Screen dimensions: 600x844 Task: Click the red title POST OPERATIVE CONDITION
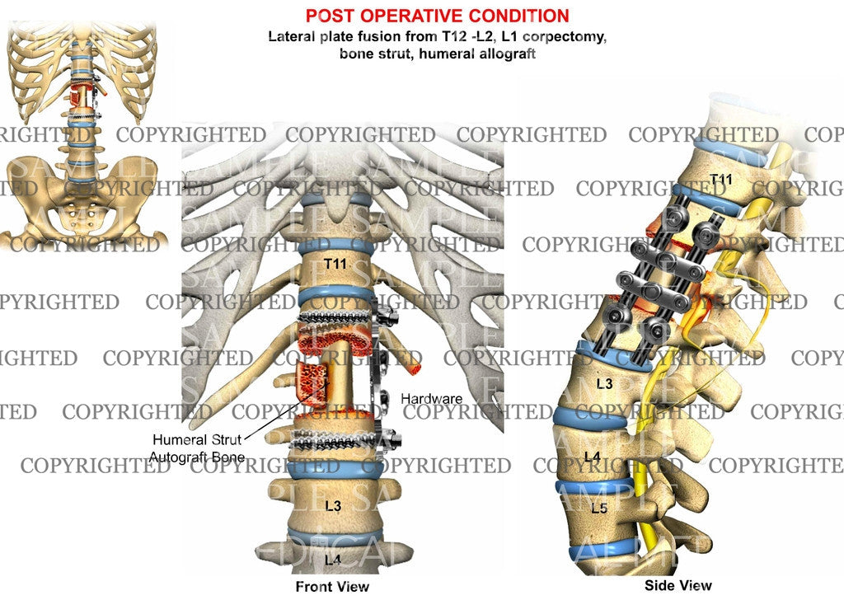click(x=437, y=16)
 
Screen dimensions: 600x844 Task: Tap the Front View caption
click(x=332, y=586)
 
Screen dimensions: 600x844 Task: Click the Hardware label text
click(x=431, y=399)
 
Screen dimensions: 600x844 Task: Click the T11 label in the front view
click(x=334, y=264)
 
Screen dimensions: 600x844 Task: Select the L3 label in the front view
click(x=333, y=505)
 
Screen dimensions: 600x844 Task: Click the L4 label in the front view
click(x=333, y=560)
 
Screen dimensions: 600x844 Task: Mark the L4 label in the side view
click(x=592, y=455)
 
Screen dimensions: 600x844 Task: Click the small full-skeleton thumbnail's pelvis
click(x=82, y=194)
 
